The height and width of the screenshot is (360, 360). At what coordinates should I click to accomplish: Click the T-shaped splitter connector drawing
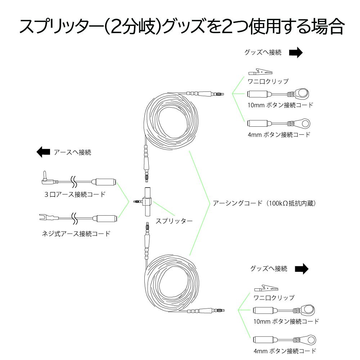tap(147, 202)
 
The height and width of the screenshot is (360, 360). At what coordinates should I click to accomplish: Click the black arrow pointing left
tap(43, 152)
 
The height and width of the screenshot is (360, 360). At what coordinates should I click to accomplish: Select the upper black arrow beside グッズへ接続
tap(296, 53)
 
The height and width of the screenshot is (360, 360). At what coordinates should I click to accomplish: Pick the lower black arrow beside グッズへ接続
tap(302, 269)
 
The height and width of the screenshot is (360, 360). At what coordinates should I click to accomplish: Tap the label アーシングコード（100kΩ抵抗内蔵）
tap(265, 203)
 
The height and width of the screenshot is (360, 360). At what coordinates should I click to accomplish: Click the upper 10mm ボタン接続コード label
tap(280, 105)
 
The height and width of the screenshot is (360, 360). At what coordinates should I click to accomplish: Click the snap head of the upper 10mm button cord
tap(302, 94)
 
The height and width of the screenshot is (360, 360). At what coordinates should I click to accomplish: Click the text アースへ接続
tap(72, 152)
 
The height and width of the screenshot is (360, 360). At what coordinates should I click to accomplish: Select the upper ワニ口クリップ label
tap(268, 81)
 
